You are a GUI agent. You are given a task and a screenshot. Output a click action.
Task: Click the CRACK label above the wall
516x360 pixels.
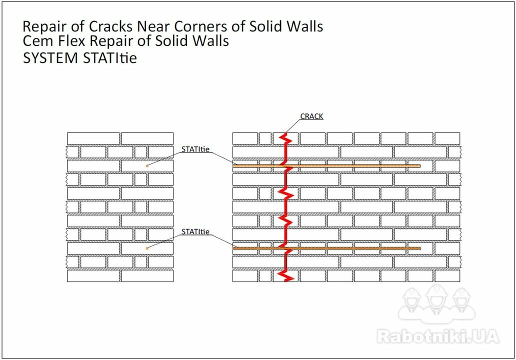pyautogui.click(x=311, y=116)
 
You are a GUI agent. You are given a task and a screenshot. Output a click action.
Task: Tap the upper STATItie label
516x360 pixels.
pyautogui.click(x=195, y=149)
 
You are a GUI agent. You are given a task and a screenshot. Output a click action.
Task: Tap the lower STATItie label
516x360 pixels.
pyautogui.click(x=195, y=231)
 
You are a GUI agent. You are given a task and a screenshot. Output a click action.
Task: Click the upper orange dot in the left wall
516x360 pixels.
pyautogui.click(x=147, y=165)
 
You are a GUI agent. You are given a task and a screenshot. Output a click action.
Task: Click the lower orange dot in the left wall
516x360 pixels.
pyautogui.click(x=147, y=248)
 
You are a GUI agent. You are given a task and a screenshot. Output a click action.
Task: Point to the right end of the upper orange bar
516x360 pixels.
pyautogui.click(x=420, y=166)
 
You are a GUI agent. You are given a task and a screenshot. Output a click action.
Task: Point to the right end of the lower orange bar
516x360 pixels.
pyautogui.click(x=420, y=248)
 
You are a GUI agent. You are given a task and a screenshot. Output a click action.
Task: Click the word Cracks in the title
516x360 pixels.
pyautogui.click(x=111, y=26)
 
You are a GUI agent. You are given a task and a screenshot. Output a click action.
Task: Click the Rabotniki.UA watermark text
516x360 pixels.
pyautogui.click(x=438, y=336)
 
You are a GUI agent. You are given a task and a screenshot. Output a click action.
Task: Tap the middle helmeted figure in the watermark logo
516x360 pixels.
pyautogui.click(x=436, y=299)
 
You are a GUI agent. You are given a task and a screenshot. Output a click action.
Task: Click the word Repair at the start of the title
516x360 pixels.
pyautogui.click(x=45, y=27)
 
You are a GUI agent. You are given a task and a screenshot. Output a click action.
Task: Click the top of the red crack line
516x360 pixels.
pyautogui.click(x=285, y=133)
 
